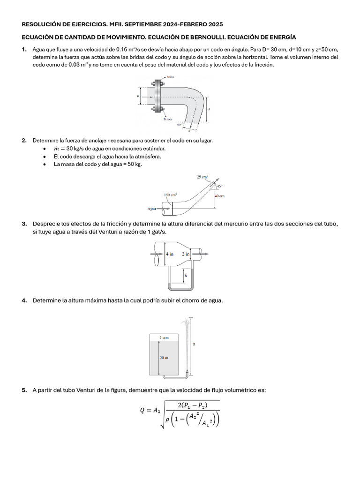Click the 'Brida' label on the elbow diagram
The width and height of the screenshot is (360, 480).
point(171,76)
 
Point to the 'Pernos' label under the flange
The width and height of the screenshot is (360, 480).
point(168,119)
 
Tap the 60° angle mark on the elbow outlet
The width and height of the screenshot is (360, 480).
point(179,125)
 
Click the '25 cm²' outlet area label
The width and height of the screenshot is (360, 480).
point(202,177)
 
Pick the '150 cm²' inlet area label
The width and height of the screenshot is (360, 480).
point(170,195)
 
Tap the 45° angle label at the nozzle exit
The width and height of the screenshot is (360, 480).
point(219,186)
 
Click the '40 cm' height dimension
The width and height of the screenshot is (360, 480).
point(219,196)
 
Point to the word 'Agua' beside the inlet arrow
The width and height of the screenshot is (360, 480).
point(152,209)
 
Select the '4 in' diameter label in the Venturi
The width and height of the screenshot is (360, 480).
point(169,254)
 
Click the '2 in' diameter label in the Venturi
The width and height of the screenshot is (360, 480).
point(186,254)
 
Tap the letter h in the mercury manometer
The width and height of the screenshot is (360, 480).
point(186,276)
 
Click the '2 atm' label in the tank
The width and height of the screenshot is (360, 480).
point(164,337)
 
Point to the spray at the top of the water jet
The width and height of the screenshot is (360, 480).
point(187,323)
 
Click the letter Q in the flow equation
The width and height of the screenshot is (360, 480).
point(142,411)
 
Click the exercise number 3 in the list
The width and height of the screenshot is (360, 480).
point(23,224)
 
